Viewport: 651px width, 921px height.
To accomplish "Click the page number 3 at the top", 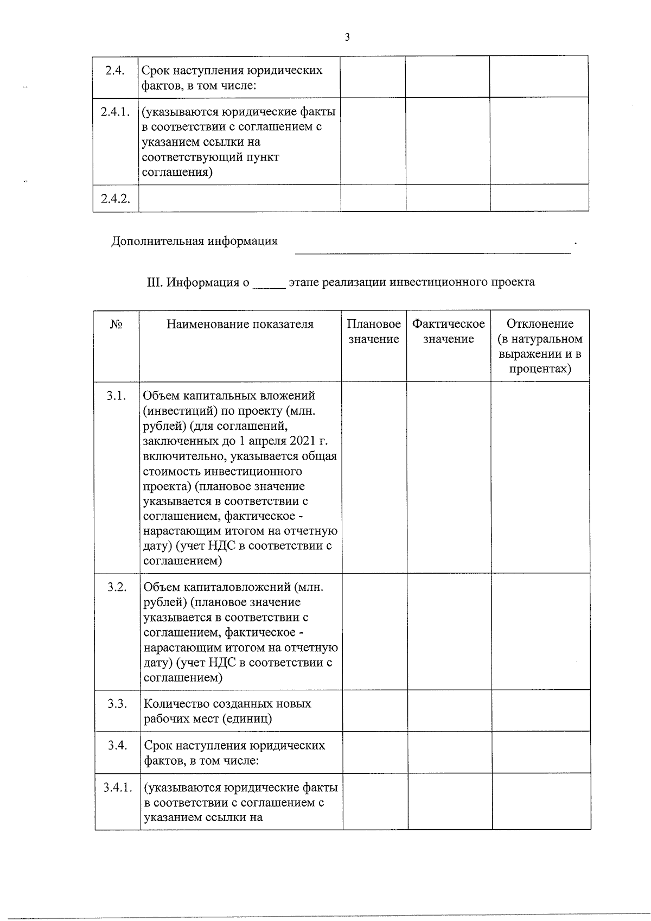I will tap(347, 37).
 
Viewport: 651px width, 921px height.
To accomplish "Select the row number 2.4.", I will tap(115, 71).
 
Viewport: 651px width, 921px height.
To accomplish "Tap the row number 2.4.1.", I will tap(115, 112).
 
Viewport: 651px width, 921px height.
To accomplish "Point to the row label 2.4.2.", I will tap(115, 198).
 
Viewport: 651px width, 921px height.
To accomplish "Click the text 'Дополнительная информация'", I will tap(194, 241).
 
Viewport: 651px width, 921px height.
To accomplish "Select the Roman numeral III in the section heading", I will tap(155, 282).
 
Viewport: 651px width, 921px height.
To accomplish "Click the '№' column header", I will tap(116, 325).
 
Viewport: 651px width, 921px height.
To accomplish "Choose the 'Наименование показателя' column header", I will tap(240, 325).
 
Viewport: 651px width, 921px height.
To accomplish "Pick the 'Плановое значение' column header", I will tap(374, 332).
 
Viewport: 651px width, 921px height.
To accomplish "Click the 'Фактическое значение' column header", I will tap(448, 332).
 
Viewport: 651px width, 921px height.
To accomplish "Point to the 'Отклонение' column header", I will tap(540, 324).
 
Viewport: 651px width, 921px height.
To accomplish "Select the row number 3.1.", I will tap(117, 396).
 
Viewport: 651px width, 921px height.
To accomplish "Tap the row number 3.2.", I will tap(117, 587).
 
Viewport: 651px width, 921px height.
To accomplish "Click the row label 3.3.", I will tap(117, 704).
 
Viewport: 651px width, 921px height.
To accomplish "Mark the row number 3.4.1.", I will tap(117, 787).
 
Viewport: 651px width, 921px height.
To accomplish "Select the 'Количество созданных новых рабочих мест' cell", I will tap(227, 711).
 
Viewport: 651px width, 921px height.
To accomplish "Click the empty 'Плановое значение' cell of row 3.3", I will tap(374, 711).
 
